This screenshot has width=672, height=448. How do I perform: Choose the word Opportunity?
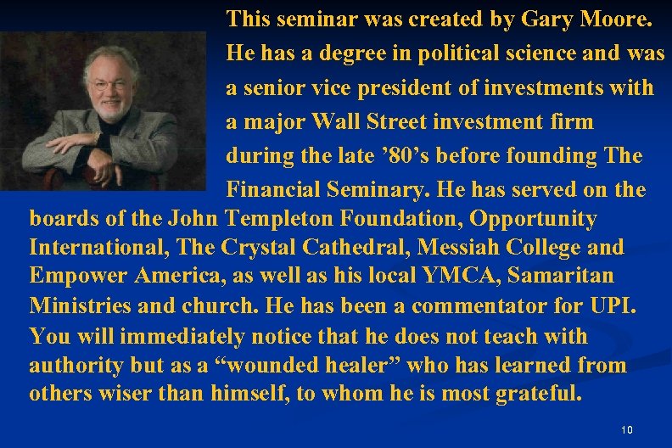[x=533, y=219]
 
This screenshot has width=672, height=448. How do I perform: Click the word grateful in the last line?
[x=537, y=395]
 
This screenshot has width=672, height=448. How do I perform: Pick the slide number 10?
[x=627, y=430]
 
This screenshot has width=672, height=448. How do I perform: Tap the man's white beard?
[x=110, y=108]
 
